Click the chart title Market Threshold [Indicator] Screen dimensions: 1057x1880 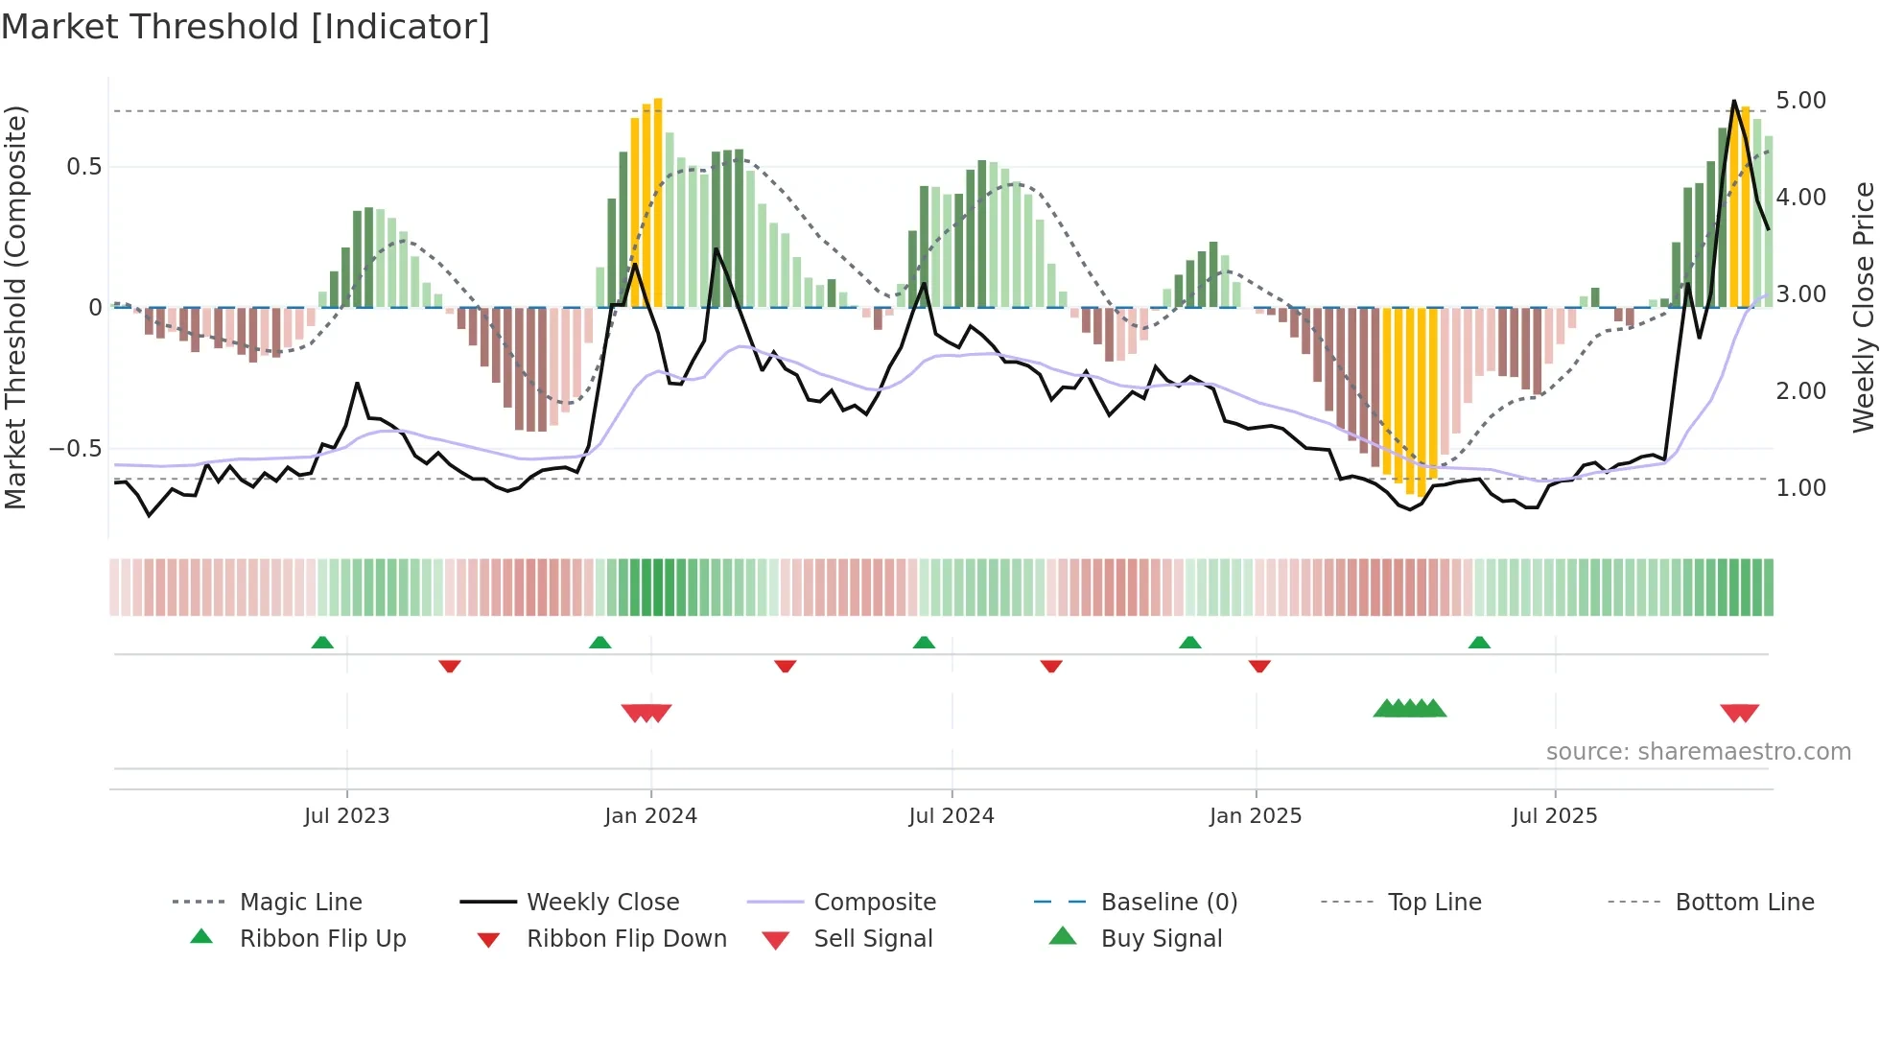[246, 27]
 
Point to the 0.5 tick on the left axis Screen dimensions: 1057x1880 [84, 167]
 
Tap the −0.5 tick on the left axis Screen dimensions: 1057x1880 [76, 449]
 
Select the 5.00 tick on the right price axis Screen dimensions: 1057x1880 [1800, 101]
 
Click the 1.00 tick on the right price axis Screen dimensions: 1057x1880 [1800, 488]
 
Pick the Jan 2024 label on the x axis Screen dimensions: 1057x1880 [650, 816]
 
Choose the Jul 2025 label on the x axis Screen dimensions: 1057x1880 [1554, 816]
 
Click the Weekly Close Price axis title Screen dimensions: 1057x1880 [1863, 307]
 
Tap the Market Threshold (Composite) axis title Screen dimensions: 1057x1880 [15, 307]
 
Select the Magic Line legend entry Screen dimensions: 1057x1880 [300, 903]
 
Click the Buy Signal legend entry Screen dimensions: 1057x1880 [1161, 939]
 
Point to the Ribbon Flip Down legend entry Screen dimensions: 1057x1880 [625, 939]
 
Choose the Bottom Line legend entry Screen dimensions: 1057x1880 [1744, 903]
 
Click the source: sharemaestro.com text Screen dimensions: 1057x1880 [1698, 752]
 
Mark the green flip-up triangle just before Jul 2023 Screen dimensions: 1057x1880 [322, 643]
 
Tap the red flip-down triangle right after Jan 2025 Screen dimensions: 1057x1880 [1259, 666]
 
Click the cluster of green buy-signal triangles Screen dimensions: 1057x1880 [1409, 709]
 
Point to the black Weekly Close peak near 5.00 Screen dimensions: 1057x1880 [1733, 102]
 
